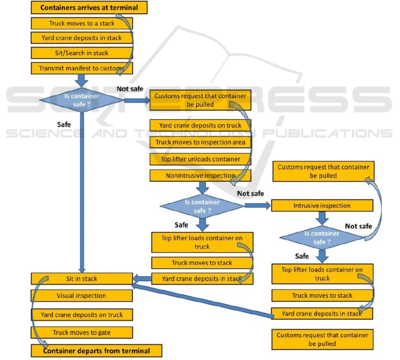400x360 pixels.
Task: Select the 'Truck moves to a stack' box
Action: click(x=82, y=23)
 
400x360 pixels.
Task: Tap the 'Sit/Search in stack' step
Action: click(x=82, y=53)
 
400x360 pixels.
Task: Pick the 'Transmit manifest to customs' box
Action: click(x=82, y=68)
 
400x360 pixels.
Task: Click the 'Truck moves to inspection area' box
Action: click(x=201, y=142)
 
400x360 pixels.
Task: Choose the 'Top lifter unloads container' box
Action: click(x=201, y=159)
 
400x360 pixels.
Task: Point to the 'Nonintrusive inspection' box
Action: click(x=201, y=176)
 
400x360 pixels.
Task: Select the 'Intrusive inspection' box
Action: click(x=322, y=206)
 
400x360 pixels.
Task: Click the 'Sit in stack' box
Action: click(x=82, y=279)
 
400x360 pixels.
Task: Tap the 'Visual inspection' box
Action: click(x=82, y=296)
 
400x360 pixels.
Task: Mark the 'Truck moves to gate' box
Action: click(x=82, y=332)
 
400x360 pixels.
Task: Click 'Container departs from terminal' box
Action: click(x=96, y=351)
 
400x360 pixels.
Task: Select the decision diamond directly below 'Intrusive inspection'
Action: click(x=322, y=237)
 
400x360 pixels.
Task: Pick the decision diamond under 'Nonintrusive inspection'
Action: click(x=202, y=206)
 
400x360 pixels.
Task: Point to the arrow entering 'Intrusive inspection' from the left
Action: click(x=257, y=206)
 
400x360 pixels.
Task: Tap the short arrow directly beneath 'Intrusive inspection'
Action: click(x=322, y=218)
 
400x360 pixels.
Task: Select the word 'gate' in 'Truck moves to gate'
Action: click(x=103, y=332)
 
